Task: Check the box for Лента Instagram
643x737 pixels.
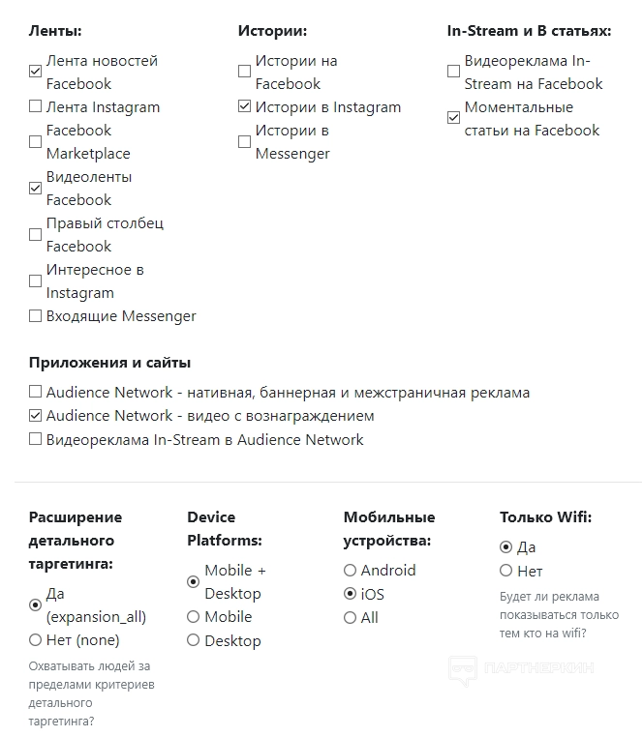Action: tap(36, 106)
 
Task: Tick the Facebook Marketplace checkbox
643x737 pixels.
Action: tap(36, 142)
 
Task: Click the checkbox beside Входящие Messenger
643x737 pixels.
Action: tap(36, 315)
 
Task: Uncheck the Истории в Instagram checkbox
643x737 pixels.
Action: tap(244, 106)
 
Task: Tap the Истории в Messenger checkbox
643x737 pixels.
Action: tap(244, 142)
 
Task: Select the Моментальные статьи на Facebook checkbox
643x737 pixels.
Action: tap(453, 118)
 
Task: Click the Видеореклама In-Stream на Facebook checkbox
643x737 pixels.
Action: tap(453, 72)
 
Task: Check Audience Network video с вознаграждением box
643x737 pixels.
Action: tap(36, 416)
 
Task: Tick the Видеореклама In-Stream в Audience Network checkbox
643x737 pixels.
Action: tap(36, 439)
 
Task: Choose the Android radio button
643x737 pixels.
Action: tap(350, 571)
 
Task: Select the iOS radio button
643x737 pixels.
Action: tap(350, 594)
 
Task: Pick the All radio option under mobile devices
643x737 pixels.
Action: tap(350, 617)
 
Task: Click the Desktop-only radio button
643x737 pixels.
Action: tap(194, 640)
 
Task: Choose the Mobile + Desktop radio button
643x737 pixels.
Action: tap(194, 581)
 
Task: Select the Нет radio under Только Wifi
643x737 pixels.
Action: tap(505, 571)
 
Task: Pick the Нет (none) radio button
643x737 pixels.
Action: tap(36, 639)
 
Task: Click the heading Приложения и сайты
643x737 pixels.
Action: tap(109, 363)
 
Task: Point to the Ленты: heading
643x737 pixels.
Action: tap(55, 31)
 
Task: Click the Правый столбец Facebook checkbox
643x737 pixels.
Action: tap(36, 234)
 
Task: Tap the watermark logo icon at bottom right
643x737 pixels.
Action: tap(462, 669)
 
